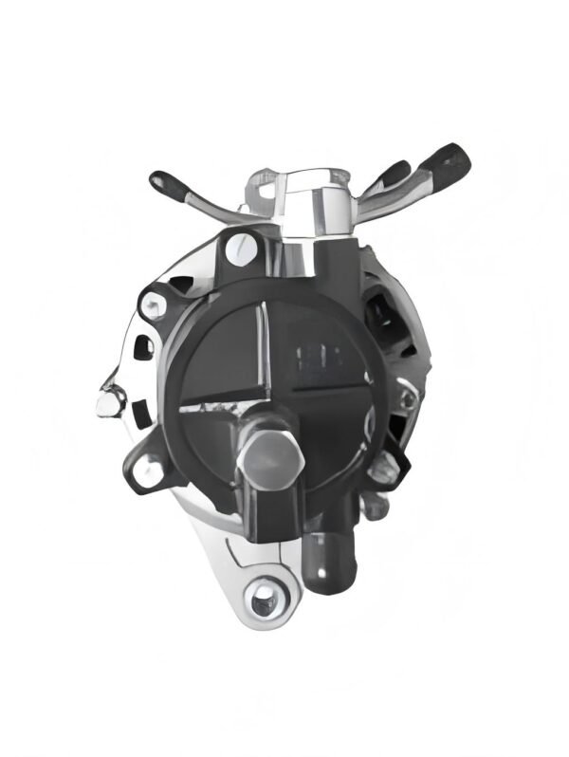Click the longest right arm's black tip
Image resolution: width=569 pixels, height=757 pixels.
448,163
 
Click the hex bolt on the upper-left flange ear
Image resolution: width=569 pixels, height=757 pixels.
151,304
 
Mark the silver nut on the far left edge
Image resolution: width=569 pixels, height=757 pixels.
108,402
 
